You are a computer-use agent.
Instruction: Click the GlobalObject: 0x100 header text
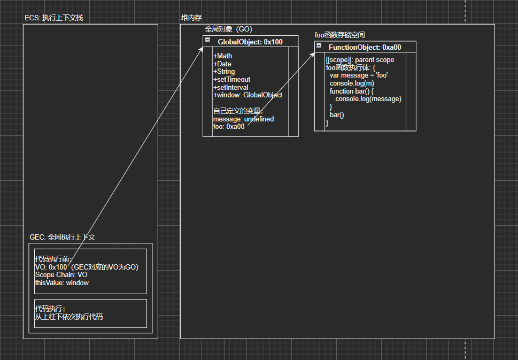(250, 42)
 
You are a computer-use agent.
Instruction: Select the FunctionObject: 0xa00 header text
(365, 47)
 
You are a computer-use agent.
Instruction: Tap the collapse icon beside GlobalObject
(207, 40)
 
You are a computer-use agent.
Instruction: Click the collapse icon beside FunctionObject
(319, 46)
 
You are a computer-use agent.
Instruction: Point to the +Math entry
(223, 56)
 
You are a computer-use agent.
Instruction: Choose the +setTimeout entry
(231, 80)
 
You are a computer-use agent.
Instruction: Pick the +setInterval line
(231, 88)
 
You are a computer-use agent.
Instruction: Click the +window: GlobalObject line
(248, 95)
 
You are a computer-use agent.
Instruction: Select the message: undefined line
(243, 119)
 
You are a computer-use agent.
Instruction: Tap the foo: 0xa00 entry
(229, 127)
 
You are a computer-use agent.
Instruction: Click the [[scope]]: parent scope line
(359, 60)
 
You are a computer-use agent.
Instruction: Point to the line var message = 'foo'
(359, 76)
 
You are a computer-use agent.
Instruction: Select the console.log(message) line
(368, 99)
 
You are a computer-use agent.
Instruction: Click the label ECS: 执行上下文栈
(53, 18)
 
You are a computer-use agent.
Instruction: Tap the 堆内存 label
(191, 18)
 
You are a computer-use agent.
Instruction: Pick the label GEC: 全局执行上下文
(62, 237)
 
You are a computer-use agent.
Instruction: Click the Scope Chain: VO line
(61, 275)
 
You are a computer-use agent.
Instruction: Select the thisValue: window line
(61, 282)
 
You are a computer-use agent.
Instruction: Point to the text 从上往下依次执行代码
(68, 317)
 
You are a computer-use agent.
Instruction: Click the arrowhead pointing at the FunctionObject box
(313, 53)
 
